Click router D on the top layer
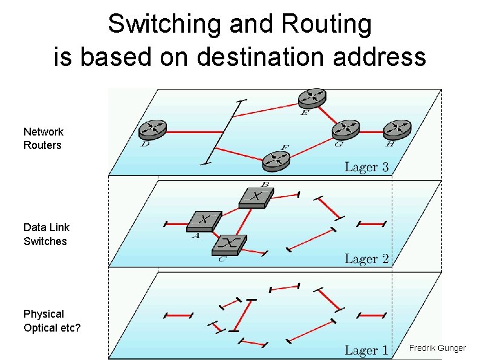(x=152, y=129)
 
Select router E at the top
(x=312, y=97)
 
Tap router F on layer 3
(x=276, y=161)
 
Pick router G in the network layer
(x=346, y=129)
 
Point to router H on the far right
(x=397, y=129)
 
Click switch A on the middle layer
(x=204, y=220)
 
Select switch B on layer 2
(x=256, y=196)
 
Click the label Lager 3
(x=366, y=167)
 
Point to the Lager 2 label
(x=366, y=259)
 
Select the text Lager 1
(x=366, y=350)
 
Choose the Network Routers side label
(x=43, y=139)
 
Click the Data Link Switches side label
(x=46, y=234)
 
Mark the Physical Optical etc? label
(x=52, y=321)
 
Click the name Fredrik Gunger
(x=437, y=348)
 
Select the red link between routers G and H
(x=372, y=129)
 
